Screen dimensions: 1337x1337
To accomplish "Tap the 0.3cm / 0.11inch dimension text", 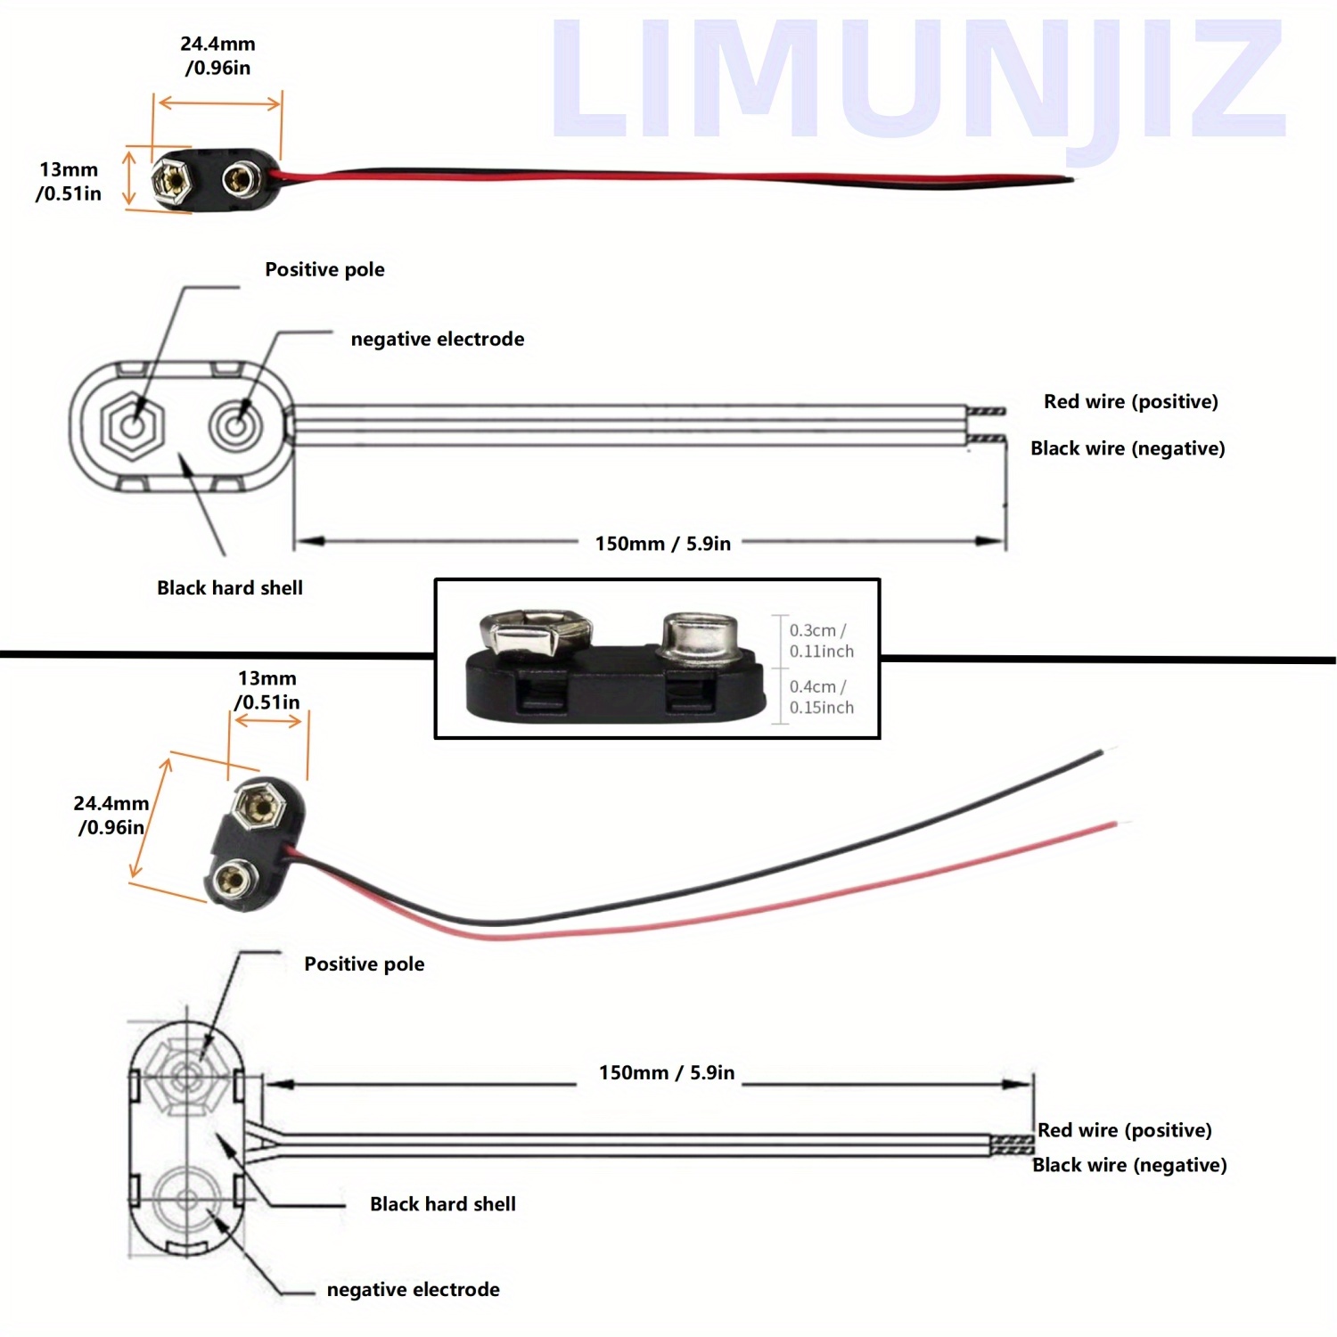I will tap(821, 641).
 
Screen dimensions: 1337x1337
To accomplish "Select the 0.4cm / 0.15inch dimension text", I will tap(821, 697).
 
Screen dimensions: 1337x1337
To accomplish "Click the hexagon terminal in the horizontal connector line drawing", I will tap(133, 427).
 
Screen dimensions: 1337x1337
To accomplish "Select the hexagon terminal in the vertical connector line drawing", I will tap(186, 1074).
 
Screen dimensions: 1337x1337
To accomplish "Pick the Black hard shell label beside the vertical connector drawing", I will tap(442, 1204).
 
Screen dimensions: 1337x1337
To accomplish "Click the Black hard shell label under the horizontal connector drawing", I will tap(230, 588).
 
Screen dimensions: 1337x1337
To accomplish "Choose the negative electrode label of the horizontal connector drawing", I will tap(437, 339).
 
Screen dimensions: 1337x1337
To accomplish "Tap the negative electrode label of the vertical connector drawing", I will tap(413, 1290).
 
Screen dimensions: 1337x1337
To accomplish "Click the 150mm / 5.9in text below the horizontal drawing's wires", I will tap(662, 544).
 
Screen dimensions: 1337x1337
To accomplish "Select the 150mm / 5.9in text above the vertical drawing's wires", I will tap(666, 1073).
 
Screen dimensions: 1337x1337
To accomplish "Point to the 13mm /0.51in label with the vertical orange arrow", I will tap(69, 181).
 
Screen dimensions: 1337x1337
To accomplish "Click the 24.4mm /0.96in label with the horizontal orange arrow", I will tap(217, 55).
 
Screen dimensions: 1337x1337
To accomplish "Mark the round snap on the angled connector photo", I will tap(232, 880).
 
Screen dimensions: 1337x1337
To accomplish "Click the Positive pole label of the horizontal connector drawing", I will tap(324, 269).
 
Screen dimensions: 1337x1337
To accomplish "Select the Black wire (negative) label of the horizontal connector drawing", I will tap(1128, 448).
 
